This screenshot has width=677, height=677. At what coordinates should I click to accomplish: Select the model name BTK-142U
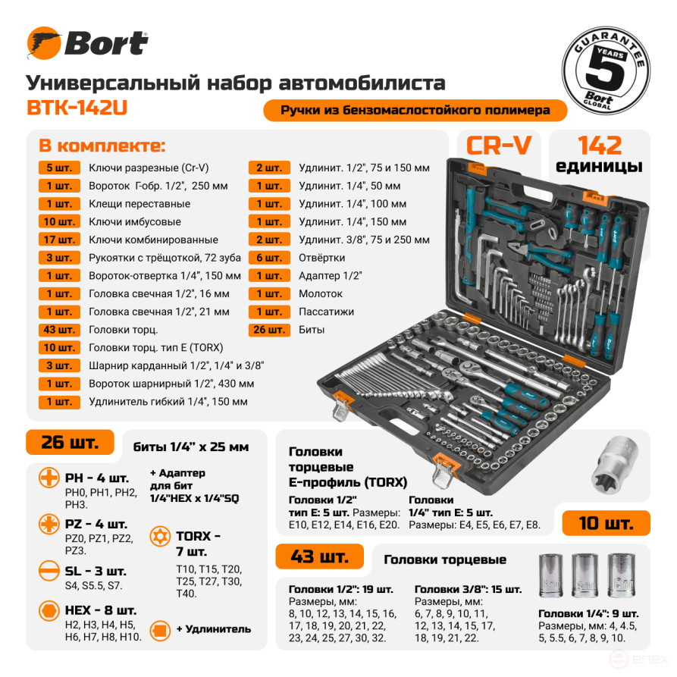pos(77,108)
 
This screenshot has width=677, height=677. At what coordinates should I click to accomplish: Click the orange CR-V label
pos(498,146)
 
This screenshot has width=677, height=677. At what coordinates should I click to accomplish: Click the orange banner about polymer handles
pos(415,110)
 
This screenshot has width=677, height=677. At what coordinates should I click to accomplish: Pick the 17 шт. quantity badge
pos(59,240)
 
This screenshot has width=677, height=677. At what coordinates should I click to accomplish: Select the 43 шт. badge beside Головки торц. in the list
pos(59,330)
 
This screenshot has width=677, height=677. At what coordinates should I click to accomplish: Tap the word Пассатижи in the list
pos(327,312)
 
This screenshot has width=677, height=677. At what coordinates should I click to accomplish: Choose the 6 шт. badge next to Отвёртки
pos(269,258)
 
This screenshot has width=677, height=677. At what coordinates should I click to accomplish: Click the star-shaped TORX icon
pos(161,535)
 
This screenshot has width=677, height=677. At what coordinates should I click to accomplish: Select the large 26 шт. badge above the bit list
pos(70,443)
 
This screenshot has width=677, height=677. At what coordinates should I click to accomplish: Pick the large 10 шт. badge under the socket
pos(606,522)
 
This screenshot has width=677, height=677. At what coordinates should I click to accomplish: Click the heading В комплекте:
pos(102,146)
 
